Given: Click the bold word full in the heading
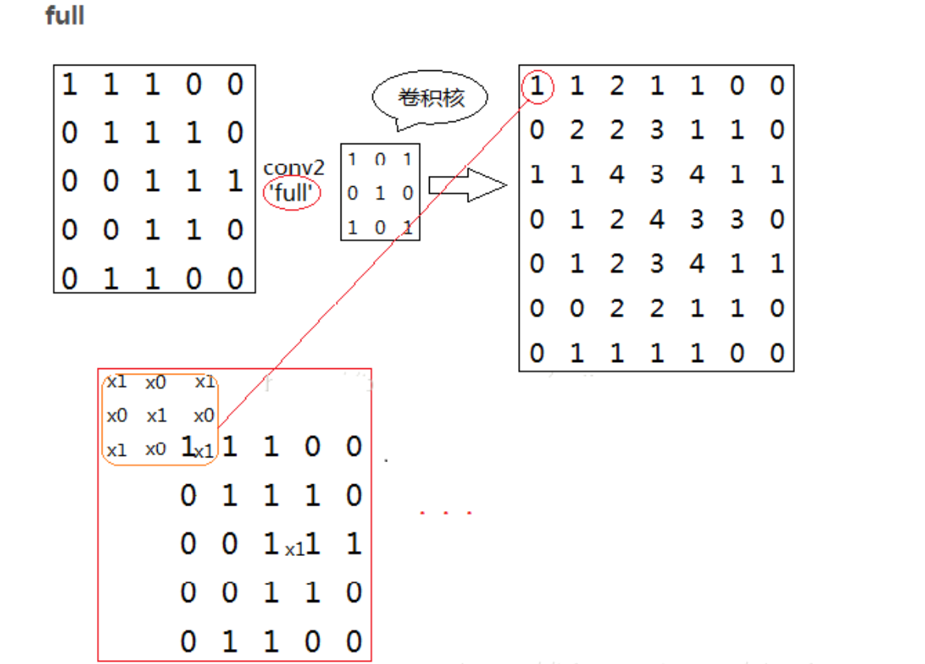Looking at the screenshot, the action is [x=65, y=16].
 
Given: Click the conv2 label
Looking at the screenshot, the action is [x=293, y=168].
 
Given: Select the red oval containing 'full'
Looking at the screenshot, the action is [x=292, y=192].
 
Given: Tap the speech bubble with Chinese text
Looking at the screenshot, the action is [x=431, y=99].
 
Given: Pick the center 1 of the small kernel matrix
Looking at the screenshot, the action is [x=380, y=192].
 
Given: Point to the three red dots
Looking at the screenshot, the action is [x=446, y=513].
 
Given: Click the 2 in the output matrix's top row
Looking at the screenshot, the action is [x=617, y=85].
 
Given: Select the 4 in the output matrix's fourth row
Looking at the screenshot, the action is [x=657, y=218].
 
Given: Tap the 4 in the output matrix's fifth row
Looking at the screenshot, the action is [x=697, y=263].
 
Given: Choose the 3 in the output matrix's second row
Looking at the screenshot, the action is [x=657, y=129].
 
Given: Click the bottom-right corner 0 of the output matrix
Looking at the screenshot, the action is [x=778, y=353].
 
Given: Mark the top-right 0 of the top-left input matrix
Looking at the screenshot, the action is [x=235, y=84].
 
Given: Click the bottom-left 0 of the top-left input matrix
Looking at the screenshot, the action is [x=69, y=279].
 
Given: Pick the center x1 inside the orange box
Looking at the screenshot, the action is [x=156, y=416].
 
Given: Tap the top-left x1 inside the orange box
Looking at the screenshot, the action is [x=117, y=382].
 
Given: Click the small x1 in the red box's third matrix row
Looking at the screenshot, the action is [x=295, y=550].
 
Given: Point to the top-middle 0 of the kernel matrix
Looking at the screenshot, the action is [x=380, y=159].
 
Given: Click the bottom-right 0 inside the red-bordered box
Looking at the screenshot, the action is [x=354, y=641].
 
